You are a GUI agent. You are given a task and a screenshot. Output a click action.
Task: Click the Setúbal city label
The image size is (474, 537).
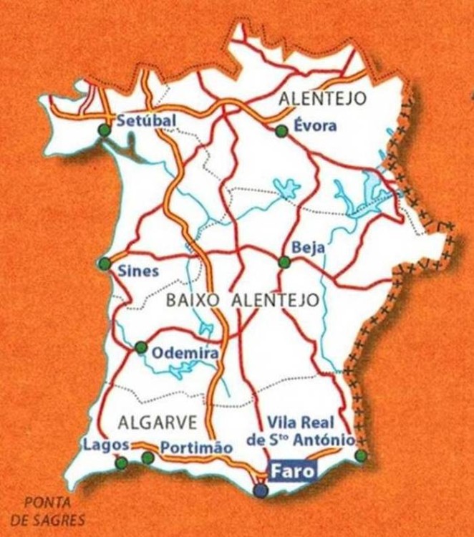coord(145,120)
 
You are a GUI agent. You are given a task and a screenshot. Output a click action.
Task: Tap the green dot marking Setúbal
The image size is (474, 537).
coord(105,130)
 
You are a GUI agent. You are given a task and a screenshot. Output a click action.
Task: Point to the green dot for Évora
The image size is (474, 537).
coord(281,130)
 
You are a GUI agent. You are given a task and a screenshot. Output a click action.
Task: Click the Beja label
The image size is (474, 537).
coord(309,248)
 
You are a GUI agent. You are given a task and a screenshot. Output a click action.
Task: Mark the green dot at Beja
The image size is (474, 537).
coord(284,262)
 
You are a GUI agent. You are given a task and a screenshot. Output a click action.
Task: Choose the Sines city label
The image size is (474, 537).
coord(138,271)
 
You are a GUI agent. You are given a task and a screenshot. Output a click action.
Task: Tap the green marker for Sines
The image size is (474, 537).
coord(105,264)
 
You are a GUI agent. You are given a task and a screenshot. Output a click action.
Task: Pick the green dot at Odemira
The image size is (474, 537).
coord(140,348)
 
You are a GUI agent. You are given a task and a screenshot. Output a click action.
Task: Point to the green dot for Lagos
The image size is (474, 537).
coord(122,463)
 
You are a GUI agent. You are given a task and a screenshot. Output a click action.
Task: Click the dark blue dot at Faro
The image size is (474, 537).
coord(261,490)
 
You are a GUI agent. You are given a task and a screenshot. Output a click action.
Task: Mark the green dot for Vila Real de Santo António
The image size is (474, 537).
coord(361,456)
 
